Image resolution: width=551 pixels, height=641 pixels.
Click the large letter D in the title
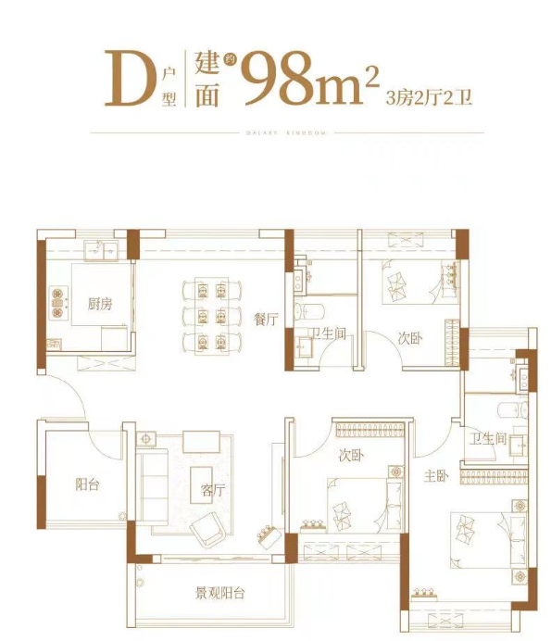[x=131, y=78]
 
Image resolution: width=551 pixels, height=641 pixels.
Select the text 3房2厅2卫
[x=429, y=96]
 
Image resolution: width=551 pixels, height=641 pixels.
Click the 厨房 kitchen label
[x=99, y=303]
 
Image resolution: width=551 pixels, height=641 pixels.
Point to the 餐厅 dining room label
[x=266, y=320]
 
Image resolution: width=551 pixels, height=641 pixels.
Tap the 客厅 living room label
[x=213, y=491]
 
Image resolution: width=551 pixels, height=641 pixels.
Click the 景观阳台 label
[x=219, y=594]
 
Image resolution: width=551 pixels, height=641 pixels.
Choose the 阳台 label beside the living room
[x=87, y=483]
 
